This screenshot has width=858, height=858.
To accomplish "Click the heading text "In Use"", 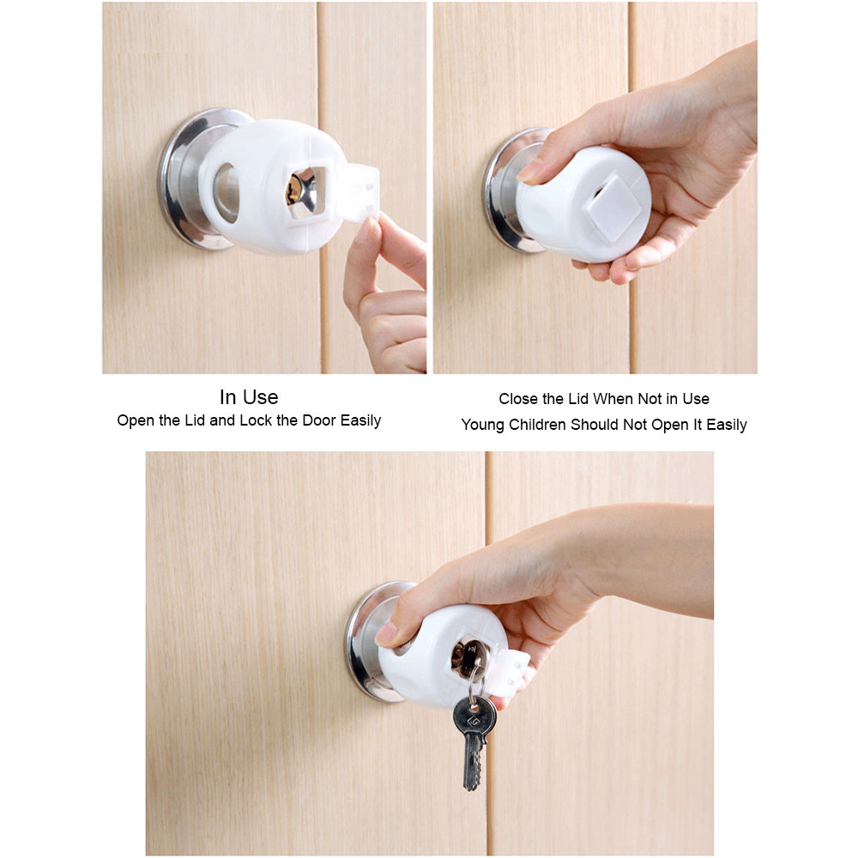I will [x=249, y=397].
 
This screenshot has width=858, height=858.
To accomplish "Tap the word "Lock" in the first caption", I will [x=257, y=421].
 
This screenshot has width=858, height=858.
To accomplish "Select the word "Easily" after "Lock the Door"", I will [x=360, y=421].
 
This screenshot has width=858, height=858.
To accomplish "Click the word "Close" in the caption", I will [x=518, y=399].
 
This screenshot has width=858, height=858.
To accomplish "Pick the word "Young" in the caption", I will [x=483, y=425].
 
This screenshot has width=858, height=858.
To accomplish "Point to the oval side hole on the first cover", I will [x=226, y=190].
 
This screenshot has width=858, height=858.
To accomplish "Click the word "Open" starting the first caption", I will [x=136, y=421].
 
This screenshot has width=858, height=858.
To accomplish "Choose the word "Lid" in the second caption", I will [x=580, y=399].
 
